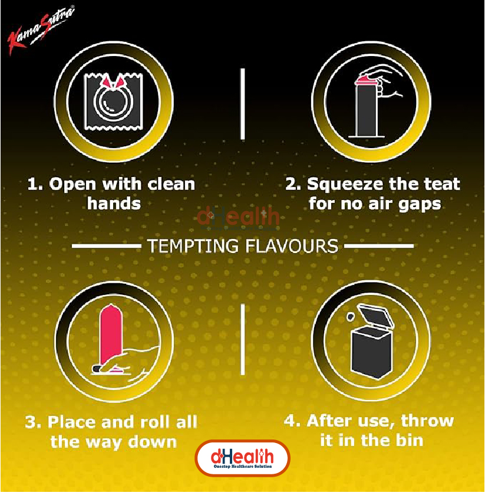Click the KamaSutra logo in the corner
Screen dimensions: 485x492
pyautogui.click(x=41, y=30)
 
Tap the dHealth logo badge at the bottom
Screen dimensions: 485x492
pyautogui.click(x=242, y=458)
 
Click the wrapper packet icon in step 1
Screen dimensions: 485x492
pyautogui.click(x=114, y=101)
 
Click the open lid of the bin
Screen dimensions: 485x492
pyautogui.click(x=375, y=317)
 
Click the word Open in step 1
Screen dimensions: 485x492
pyautogui.click(x=72, y=185)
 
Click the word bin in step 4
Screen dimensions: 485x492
pyautogui.click(x=410, y=440)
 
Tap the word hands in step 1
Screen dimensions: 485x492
pyautogui.click(x=114, y=204)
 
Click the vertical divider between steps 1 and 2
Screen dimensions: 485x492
pyautogui.click(x=242, y=104)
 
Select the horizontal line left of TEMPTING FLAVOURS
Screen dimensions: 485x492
pyautogui.click(x=106, y=246)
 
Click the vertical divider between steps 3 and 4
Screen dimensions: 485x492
pyautogui.click(x=242, y=339)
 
